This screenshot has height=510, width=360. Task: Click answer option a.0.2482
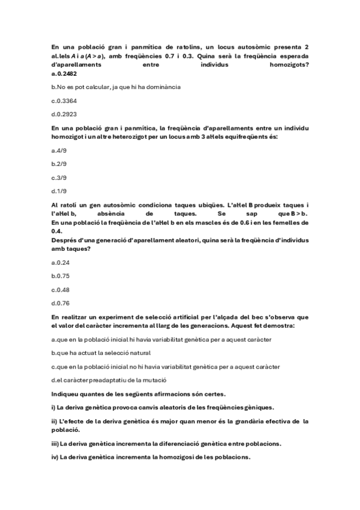[64, 74]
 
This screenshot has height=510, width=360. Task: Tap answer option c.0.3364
[64, 100]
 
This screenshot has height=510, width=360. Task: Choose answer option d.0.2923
[64, 114]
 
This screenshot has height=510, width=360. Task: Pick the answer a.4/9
[59, 150]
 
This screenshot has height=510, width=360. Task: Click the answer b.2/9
[59, 164]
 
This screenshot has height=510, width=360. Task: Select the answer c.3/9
[59, 177]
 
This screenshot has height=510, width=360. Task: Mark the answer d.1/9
[59, 191]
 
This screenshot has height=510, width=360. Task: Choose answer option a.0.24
[61, 262]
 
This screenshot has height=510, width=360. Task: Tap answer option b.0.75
[61, 275]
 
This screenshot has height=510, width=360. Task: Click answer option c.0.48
[61, 289]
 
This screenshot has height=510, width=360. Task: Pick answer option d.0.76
[61, 303]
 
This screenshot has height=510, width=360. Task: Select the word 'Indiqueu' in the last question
[66, 393]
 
